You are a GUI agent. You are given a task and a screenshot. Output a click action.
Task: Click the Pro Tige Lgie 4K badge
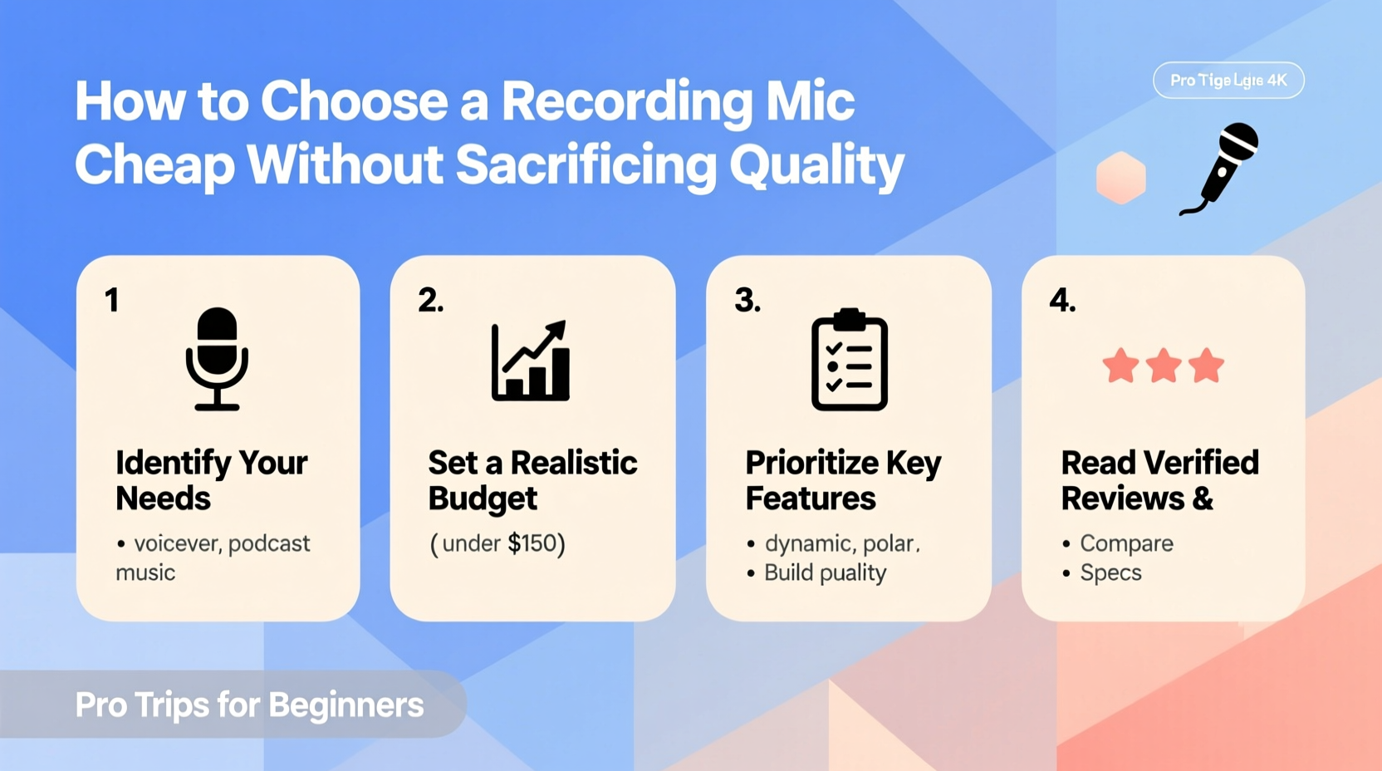pos(1228,81)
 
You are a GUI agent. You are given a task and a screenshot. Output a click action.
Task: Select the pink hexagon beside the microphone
pos(1120,178)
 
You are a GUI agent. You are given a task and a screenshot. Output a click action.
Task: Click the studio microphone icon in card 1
pos(217,359)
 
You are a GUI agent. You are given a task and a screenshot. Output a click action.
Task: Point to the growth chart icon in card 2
pos(531,361)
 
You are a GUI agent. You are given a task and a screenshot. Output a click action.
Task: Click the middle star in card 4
pos(1163,366)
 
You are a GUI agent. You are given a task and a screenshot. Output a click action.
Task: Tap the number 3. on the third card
pos(747,300)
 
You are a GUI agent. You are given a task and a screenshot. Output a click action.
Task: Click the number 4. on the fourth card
pos(1062,300)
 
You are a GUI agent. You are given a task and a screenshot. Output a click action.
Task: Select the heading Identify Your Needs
pos(211,480)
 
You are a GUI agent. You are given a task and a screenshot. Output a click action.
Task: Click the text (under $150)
pos(497,543)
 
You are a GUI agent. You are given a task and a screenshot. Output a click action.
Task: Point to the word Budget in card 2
pos(483,498)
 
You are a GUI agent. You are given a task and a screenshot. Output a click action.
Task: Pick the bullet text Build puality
pos(825,572)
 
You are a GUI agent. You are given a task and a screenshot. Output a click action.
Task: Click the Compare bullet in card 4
pos(1126,543)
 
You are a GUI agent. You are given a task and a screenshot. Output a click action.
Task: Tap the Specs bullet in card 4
pos(1110,572)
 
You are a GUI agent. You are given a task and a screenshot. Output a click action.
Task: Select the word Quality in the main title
pos(816,165)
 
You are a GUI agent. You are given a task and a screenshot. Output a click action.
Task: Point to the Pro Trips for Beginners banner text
pos(249,705)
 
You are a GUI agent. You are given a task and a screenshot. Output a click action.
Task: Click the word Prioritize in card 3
pos(811,463)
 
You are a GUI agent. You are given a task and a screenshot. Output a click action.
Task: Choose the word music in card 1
pos(145,572)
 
